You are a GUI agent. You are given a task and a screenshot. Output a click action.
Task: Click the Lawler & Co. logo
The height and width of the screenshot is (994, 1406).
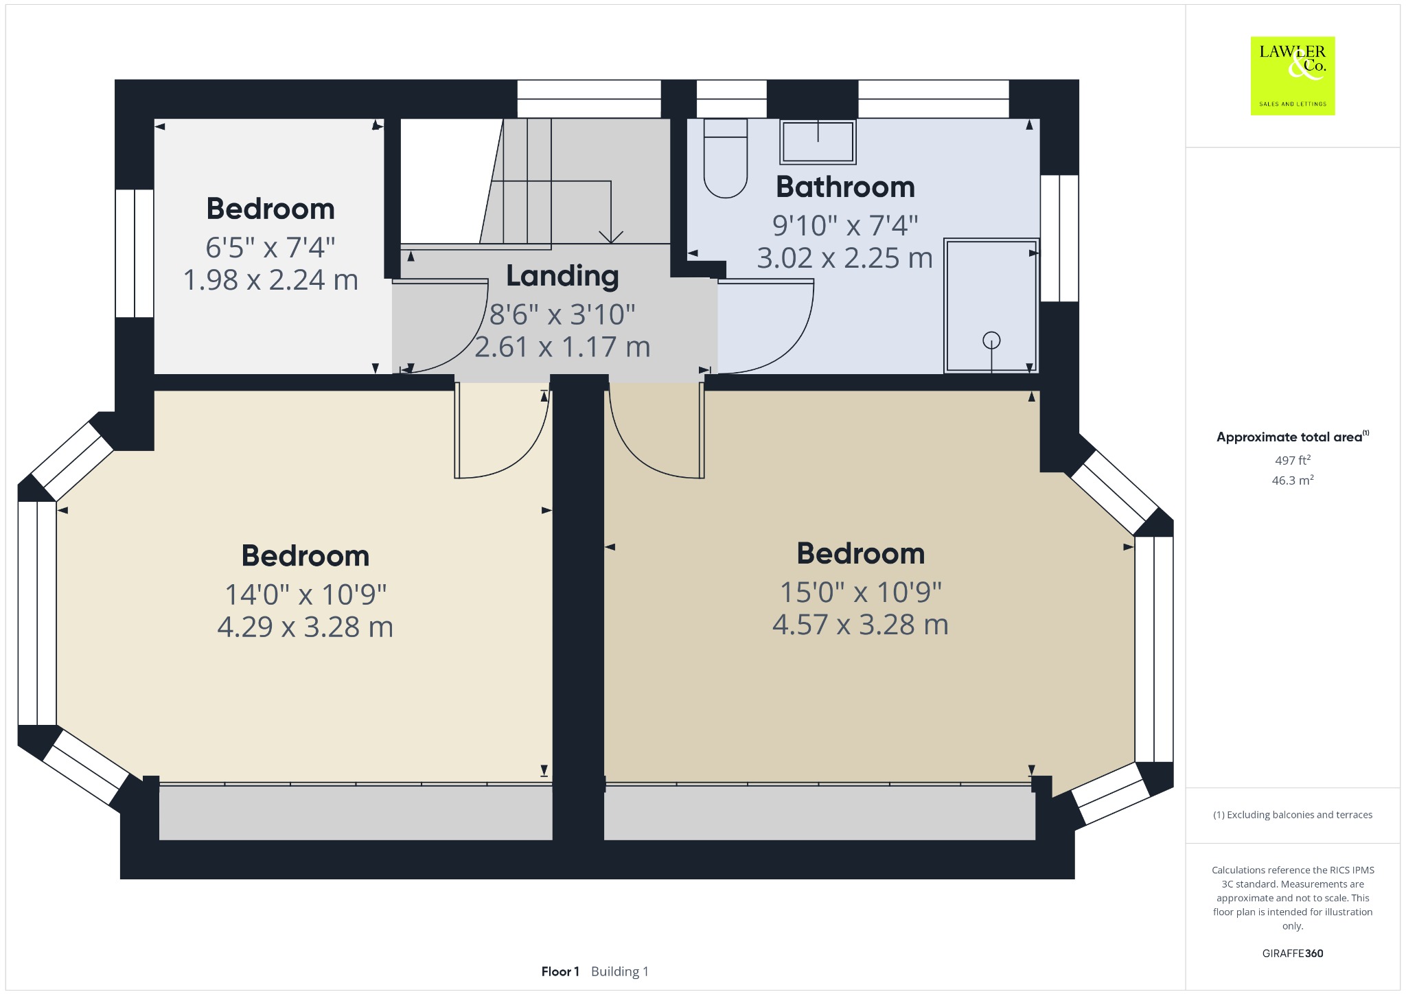(1293, 76)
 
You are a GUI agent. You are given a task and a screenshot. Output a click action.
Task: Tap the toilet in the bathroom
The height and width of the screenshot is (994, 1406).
(726, 159)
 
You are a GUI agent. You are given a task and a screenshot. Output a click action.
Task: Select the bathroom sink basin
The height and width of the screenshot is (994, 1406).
(818, 142)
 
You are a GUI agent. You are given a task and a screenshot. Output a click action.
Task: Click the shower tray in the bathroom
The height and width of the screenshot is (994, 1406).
(991, 305)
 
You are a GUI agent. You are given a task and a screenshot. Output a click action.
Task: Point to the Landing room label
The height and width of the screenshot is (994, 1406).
(562, 276)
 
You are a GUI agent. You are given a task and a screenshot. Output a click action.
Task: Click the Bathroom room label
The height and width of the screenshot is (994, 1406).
(845, 187)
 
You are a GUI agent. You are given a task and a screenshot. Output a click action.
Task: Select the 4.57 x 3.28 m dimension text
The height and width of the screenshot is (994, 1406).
(860, 625)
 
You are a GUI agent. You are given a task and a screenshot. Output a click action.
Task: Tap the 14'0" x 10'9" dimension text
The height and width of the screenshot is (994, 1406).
(306, 594)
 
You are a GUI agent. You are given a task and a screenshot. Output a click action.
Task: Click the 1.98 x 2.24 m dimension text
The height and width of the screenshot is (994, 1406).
(270, 280)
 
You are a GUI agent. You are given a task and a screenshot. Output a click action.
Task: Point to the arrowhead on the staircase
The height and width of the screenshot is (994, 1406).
(611, 237)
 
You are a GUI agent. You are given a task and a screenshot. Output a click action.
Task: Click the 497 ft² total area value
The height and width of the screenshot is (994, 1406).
(1293, 460)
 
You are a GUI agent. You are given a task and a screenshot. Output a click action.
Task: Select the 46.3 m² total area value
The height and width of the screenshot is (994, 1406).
(1293, 480)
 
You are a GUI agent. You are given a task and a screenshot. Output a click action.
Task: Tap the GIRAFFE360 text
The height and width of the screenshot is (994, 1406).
(1293, 953)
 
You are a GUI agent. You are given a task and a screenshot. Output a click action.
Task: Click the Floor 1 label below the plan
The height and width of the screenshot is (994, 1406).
(560, 971)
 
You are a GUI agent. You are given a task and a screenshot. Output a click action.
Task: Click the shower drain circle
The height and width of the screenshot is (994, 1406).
(991, 340)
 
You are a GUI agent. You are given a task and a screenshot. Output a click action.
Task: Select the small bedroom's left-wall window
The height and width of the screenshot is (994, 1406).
(135, 253)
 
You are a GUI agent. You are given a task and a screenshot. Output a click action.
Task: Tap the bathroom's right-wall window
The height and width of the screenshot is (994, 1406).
(1059, 238)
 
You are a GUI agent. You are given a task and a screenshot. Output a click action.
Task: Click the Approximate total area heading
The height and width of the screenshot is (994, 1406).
(1293, 437)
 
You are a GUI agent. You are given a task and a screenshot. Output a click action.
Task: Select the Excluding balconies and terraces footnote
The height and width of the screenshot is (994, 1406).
(1293, 815)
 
